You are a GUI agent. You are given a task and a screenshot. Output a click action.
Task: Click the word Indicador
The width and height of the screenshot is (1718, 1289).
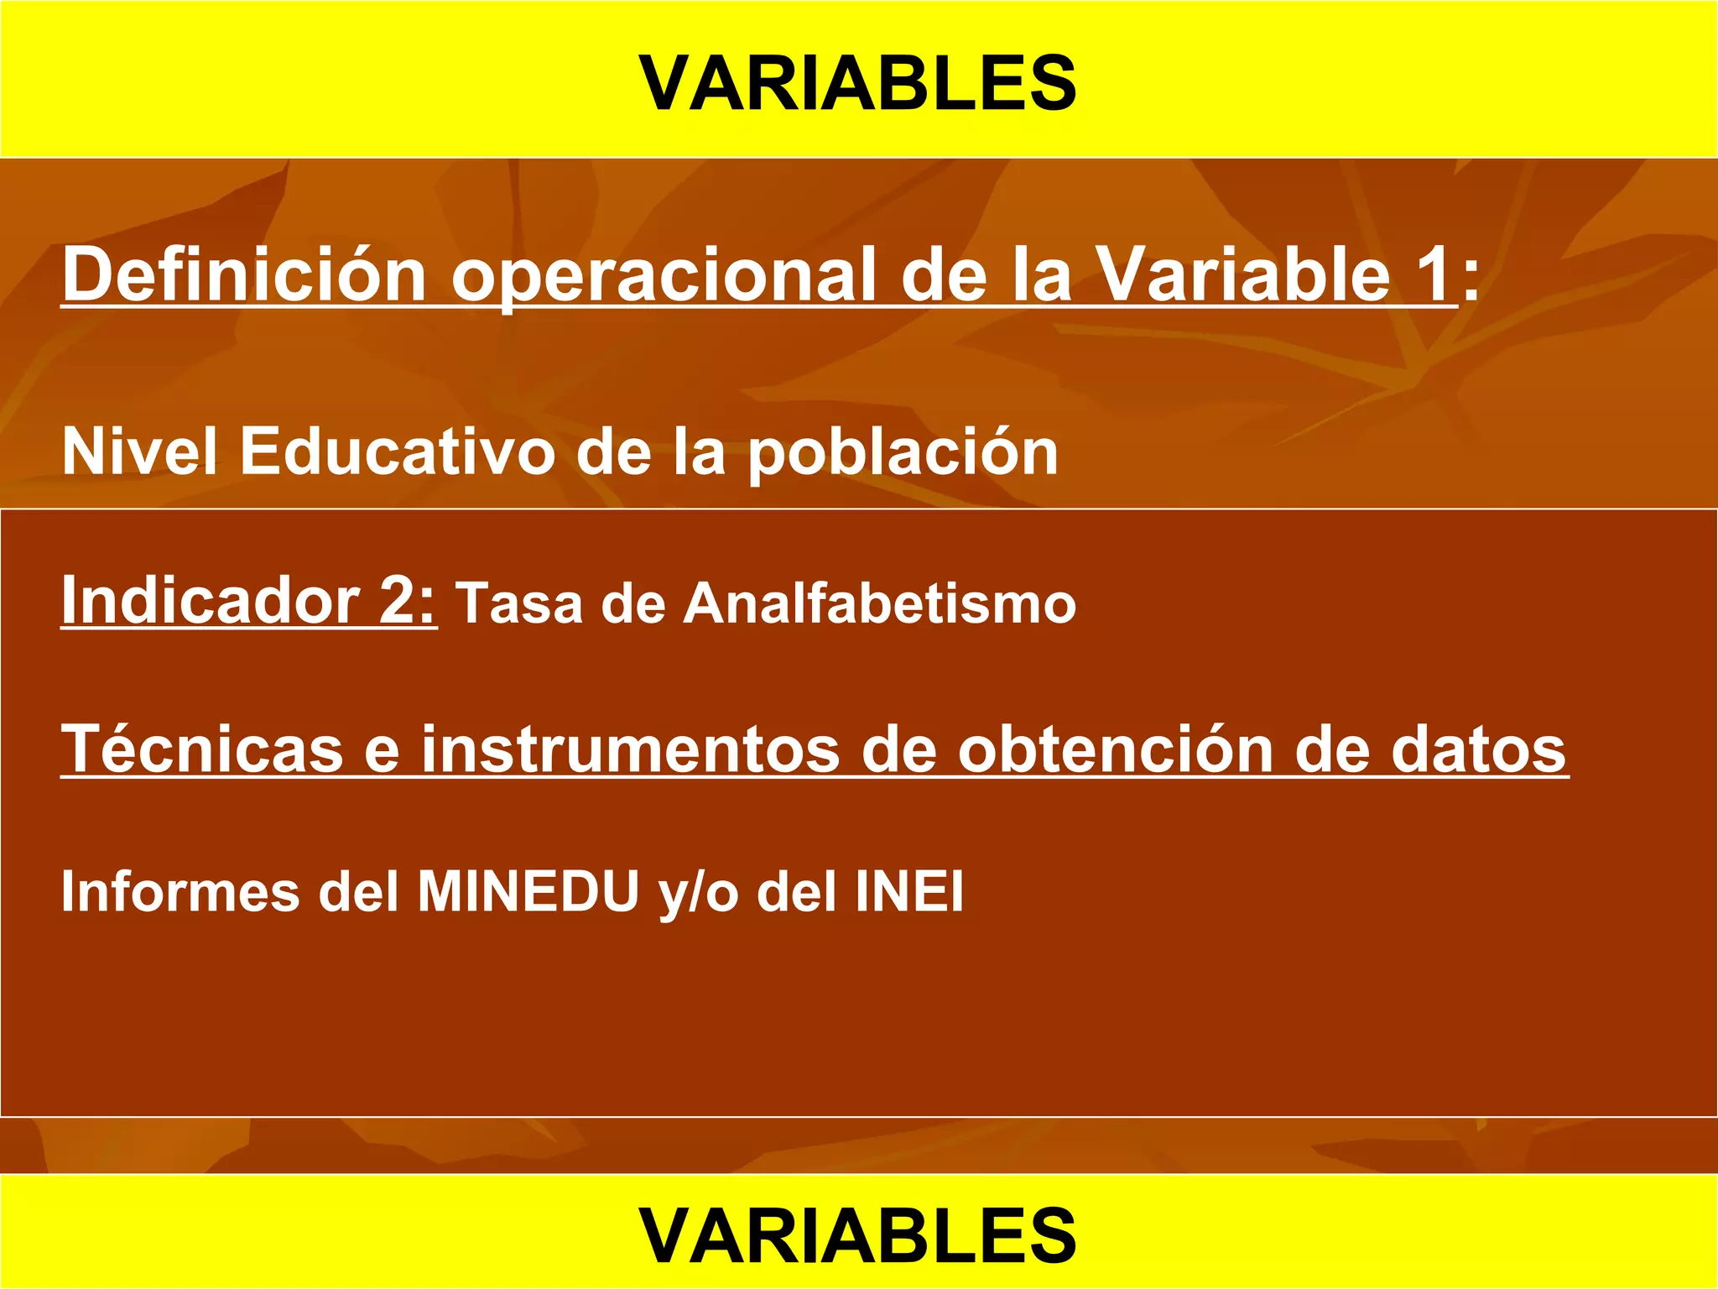click(210, 601)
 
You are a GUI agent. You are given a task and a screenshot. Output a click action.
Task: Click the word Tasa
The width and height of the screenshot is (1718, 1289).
click(518, 604)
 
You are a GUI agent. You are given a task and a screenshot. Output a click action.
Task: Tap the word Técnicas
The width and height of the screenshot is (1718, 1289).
click(201, 749)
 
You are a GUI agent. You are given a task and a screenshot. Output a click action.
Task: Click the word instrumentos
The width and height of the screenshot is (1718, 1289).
click(629, 749)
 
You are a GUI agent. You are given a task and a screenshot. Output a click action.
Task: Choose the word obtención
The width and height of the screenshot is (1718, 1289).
click(1115, 749)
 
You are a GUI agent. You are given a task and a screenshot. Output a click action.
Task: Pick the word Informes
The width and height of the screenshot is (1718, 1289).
click(180, 891)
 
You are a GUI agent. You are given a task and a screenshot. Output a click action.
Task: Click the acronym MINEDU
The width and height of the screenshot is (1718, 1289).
click(528, 891)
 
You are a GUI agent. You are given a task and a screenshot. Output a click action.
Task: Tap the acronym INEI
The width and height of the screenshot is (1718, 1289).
click(909, 891)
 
